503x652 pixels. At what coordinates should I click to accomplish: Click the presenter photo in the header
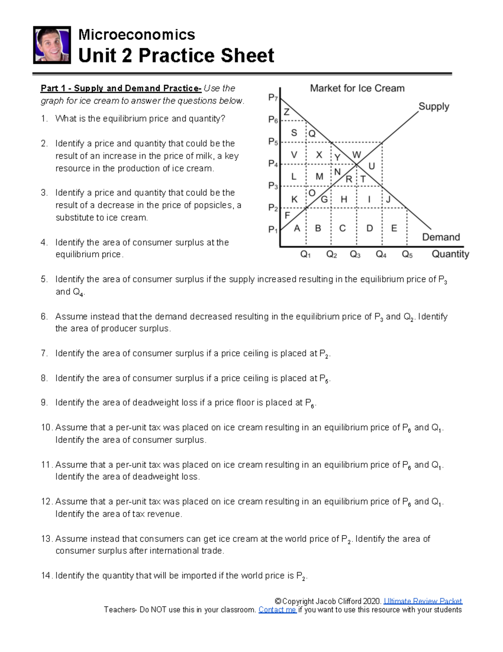click(x=52, y=45)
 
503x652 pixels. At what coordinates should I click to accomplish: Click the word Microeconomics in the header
click(x=137, y=34)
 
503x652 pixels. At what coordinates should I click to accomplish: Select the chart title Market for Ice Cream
click(x=357, y=88)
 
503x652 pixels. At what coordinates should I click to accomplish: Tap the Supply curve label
click(x=434, y=106)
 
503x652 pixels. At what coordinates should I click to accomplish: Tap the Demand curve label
click(x=441, y=237)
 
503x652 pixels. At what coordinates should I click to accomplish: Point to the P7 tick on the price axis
click(x=273, y=98)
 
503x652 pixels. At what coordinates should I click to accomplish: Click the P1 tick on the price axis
click(x=273, y=230)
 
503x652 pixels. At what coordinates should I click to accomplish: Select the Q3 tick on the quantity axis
click(x=355, y=254)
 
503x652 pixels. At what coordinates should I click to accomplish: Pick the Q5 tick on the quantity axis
click(x=407, y=254)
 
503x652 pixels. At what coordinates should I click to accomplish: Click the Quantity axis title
click(x=450, y=254)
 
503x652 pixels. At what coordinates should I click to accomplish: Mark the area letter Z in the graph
click(x=287, y=112)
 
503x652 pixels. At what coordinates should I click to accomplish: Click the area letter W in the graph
click(x=357, y=154)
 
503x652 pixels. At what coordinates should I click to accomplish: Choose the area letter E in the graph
click(x=394, y=228)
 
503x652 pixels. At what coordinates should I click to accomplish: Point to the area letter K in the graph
click(x=294, y=199)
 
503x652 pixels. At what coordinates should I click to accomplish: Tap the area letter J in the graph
click(x=388, y=199)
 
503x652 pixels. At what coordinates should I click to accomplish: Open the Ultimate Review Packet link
click(x=423, y=601)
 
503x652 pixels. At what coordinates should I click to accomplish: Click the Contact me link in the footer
click(x=277, y=610)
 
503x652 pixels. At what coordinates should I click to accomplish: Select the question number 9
click(x=44, y=403)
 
